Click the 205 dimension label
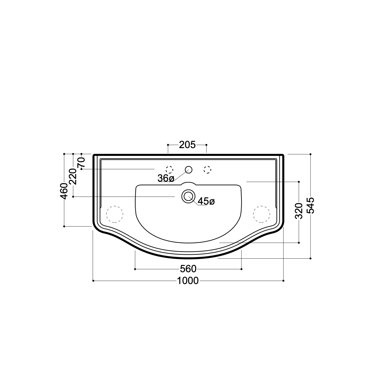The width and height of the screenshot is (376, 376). [x=187, y=145]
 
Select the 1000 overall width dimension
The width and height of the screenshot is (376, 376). [x=188, y=281]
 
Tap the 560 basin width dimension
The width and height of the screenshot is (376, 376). [x=188, y=269]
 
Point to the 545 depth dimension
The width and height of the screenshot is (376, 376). [x=311, y=206]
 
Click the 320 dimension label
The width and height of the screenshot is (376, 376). [x=299, y=211]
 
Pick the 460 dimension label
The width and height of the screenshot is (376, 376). [x=64, y=191]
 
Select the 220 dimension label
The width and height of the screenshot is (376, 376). [x=73, y=176]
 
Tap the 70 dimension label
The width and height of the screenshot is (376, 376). [x=81, y=163]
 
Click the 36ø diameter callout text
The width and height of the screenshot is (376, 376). [x=166, y=178]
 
